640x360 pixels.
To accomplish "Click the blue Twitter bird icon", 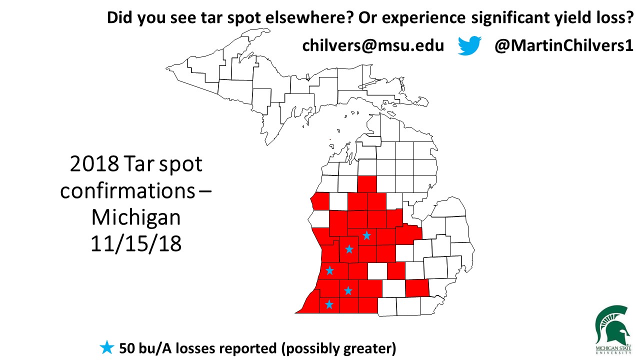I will [x=469, y=45].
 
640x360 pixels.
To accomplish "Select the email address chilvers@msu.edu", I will [x=372, y=46].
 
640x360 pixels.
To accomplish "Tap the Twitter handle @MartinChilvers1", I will [x=564, y=46].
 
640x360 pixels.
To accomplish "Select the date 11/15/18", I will [x=136, y=243].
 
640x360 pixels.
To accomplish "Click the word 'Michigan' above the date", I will [x=136, y=217].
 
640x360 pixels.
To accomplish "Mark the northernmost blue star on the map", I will [x=366, y=235].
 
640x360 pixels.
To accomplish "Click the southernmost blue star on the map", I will [x=329, y=304].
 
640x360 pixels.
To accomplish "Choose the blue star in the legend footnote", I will [x=106, y=347].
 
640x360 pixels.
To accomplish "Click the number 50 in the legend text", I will [x=126, y=347].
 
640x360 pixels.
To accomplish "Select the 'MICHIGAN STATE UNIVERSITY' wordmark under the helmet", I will [x=613, y=348].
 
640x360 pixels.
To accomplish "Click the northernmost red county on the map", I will [x=367, y=184].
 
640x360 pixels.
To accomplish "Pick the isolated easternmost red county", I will [x=416, y=288].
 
